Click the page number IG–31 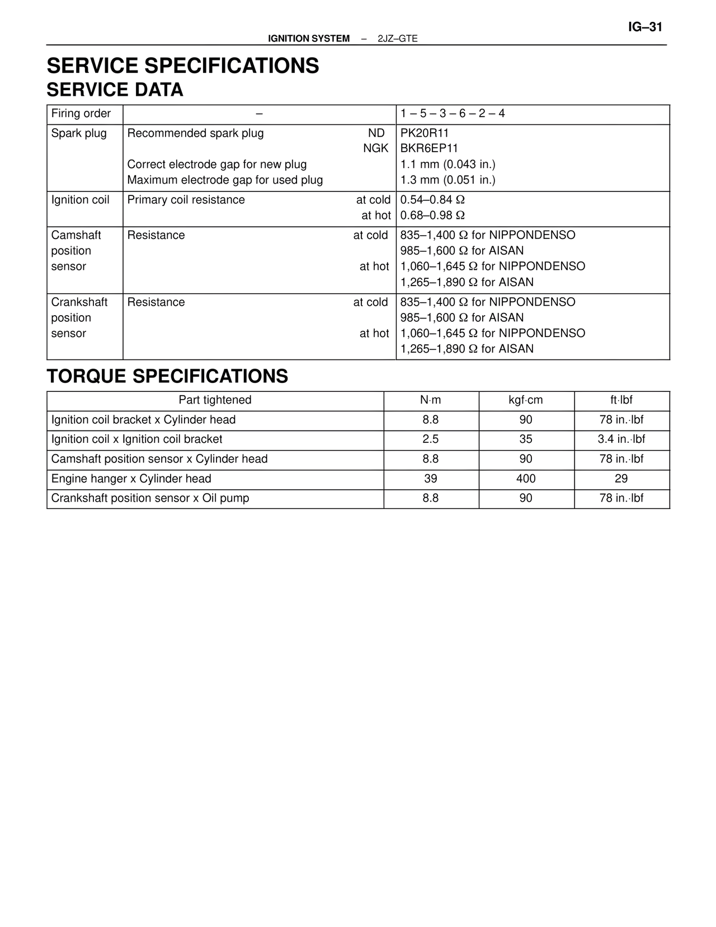(645, 27)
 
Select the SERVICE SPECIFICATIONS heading (183, 66)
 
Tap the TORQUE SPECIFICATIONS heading (167, 376)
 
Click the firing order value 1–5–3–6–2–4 (453, 114)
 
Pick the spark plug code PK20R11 (425, 133)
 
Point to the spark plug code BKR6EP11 (429, 148)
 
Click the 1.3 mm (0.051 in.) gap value (447, 180)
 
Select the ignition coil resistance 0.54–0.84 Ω (432, 200)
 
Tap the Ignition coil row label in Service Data (80, 200)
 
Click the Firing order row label (81, 114)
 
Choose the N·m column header (431, 400)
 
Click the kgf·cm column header (526, 400)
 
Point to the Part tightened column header (215, 400)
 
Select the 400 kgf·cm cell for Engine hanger (526, 479)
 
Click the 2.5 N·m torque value (431, 439)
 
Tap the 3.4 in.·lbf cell (621, 439)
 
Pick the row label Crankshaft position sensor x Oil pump (150, 498)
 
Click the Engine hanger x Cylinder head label (131, 479)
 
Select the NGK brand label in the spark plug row (376, 148)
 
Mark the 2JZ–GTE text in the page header (397, 39)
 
